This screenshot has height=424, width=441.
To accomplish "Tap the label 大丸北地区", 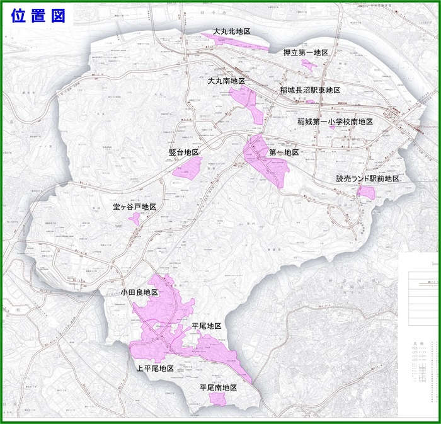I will [232, 31].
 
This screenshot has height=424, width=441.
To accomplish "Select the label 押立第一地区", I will [306, 53].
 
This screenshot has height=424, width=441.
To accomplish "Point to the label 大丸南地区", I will [226, 81].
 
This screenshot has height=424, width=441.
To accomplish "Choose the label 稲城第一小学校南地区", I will [336, 122].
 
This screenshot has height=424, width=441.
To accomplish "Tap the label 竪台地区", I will [184, 152].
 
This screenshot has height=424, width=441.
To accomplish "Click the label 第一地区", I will [283, 152].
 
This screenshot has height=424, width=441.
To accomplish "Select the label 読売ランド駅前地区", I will [367, 179].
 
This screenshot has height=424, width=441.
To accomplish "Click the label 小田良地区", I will [139, 293].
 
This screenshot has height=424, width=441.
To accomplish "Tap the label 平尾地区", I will [207, 326].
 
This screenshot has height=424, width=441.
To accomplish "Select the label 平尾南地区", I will [218, 388].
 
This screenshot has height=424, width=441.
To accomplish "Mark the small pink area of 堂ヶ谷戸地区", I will [134, 219].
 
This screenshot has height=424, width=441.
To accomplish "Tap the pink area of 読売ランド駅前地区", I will [366, 191].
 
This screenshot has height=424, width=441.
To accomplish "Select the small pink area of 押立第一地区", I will [307, 64].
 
